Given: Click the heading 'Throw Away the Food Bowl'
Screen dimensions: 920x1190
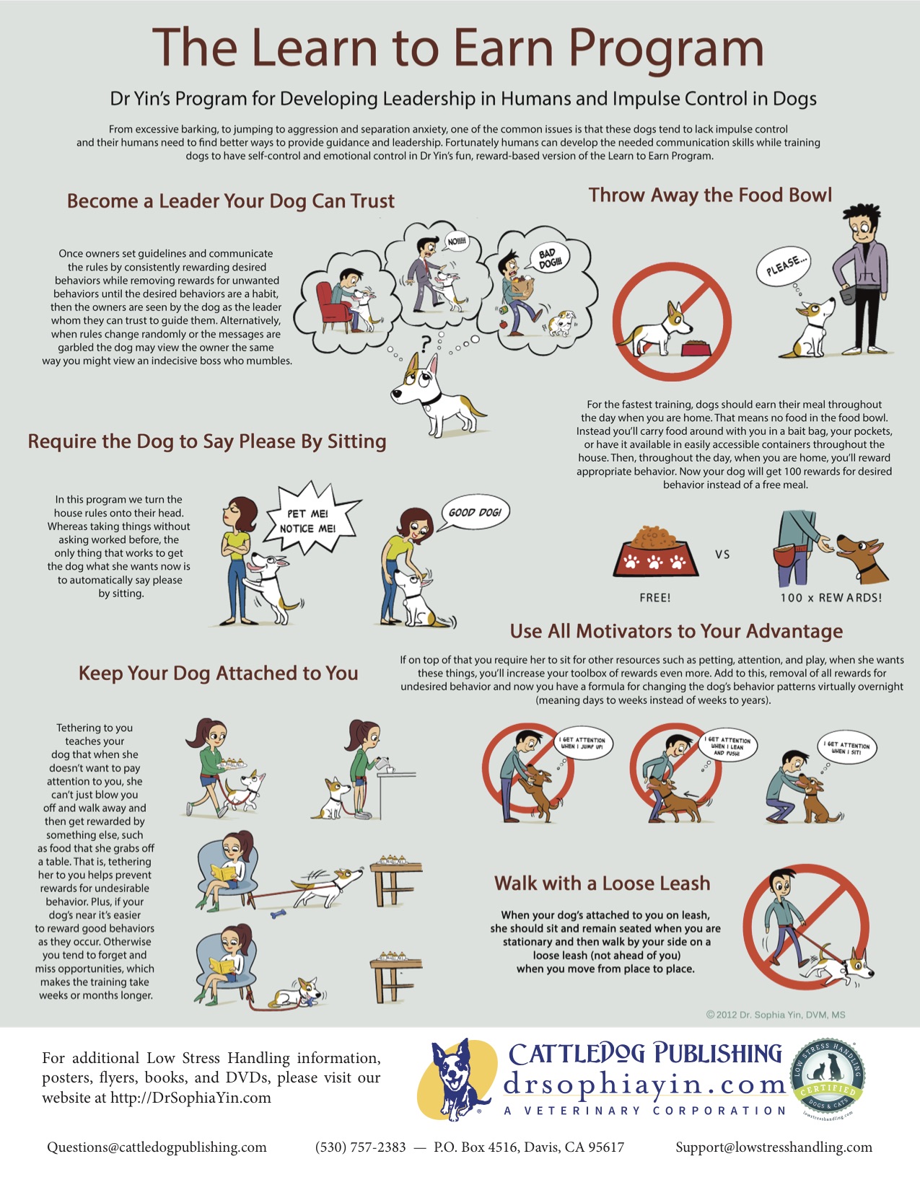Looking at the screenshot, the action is [x=710, y=195].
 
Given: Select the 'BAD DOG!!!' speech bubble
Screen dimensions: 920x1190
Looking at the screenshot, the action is [x=549, y=258].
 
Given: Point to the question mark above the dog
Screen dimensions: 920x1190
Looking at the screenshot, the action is [x=425, y=344].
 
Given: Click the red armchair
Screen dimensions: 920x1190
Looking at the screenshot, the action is [x=333, y=307].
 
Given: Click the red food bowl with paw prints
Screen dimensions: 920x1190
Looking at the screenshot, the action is [x=655, y=553].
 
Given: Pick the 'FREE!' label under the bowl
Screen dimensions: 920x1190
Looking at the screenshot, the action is [x=654, y=597].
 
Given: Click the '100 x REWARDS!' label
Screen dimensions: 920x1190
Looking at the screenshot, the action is [x=831, y=597].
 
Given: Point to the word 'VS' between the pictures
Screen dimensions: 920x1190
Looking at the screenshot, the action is [x=722, y=554].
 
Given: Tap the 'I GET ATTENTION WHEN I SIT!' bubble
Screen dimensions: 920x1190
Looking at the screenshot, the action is [x=846, y=747].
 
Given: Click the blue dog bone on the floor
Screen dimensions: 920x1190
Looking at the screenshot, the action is [x=279, y=914].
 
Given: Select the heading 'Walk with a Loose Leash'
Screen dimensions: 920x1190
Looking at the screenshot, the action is [x=603, y=883].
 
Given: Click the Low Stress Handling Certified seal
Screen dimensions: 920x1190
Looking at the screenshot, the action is [x=828, y=1077].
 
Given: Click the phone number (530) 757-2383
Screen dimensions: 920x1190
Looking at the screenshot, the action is [x=360, y=1147].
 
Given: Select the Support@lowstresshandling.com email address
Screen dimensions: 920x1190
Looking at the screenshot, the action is [x=774, y=1147].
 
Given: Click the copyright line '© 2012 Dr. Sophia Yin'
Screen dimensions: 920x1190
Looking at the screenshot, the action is [x=776, y=1015].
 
